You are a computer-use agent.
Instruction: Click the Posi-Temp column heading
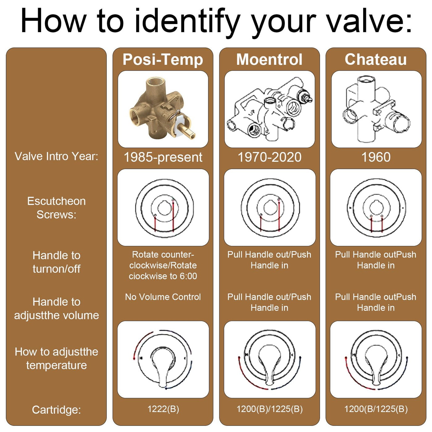tap(163, 60)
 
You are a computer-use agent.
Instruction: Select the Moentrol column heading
tap(269, 60)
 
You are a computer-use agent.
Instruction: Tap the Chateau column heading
tap(376, 60)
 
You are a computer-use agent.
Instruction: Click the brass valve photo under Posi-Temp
tap(162, 109)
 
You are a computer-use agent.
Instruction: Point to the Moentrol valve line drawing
tap(270, 109)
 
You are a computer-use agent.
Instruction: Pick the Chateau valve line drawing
tap(376, 109)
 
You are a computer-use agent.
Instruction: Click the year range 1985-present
tap(163, 157)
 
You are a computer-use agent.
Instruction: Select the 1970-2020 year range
tap(269, 157)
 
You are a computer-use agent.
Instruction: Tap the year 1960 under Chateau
tap(376, 157)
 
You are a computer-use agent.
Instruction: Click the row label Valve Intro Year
tap(56, 156)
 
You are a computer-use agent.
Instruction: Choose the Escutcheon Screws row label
tap(56, 208)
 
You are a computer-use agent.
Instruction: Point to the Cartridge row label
tap(56, 410)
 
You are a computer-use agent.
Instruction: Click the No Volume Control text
tap(163, 297)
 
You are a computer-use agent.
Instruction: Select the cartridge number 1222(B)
tap(163, 409)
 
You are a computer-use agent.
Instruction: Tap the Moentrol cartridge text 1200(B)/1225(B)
tap(270, 409)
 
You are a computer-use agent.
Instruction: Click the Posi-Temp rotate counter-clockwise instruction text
tap(163, 265)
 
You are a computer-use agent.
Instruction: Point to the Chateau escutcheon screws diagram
tap(376, 208)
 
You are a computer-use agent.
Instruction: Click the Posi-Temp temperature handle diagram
tap(163, 359)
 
